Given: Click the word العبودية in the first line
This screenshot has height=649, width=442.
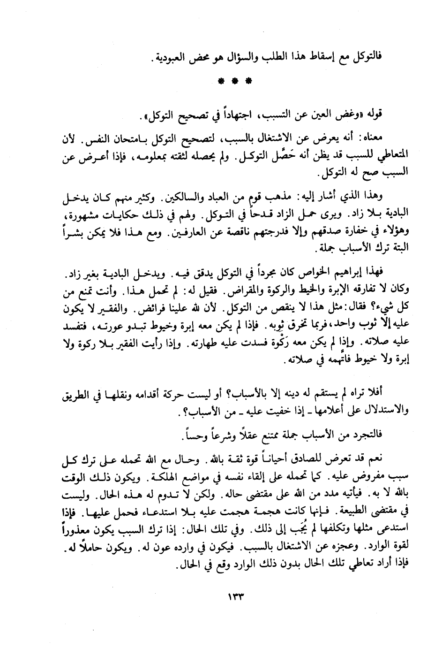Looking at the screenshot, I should point(174,59).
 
